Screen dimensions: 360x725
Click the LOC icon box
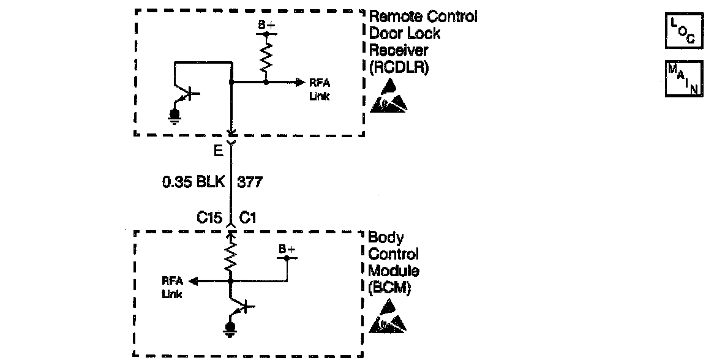(683, 32)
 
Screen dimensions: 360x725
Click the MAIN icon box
(683, 78)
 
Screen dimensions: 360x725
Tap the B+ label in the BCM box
(287, 250)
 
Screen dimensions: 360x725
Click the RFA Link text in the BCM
(172, 287)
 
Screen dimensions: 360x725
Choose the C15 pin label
(209, 217)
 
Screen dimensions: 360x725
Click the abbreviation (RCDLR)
(399, 67)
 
